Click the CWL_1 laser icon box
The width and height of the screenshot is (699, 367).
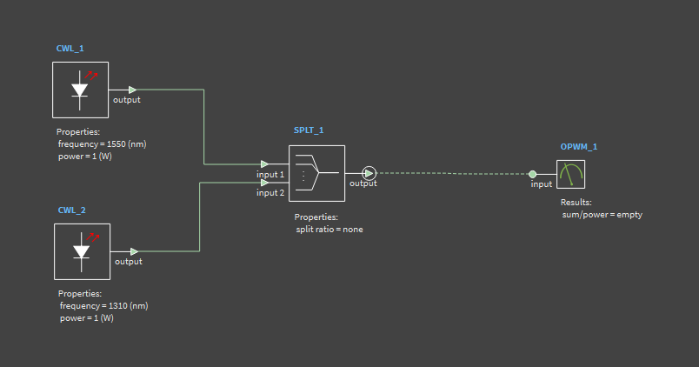pyautogui.click(x=80, y=90)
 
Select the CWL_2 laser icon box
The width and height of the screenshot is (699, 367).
pyautogui.click(x=82, y=251)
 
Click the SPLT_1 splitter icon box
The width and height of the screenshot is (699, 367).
pyautogui.click(x=316, y=173)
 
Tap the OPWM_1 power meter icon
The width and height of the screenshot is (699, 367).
pyautogui.click(x=571, y=174)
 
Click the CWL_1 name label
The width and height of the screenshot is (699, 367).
pyautogui.click(x=70, y=49)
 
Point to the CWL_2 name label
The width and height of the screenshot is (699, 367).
pyautogui.click(x=71, y=210)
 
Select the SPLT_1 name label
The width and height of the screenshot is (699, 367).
pyautogui.click(x=309, y=130)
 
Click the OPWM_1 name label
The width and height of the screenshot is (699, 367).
pyautogui.click(x=579, y=146)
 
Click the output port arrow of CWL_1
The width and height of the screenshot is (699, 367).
pyautogui.click(x=132, y=90)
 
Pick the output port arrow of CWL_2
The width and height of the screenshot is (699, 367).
pyautogui.click(x=134, y=251)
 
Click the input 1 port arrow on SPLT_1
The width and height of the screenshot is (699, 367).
pyautogui.click(x=264, y=163)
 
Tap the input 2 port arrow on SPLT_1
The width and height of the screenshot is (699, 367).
pyautogui.click(x=264, y=182)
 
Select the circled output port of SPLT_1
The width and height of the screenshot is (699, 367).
pyautogui.click(x=369, y=172)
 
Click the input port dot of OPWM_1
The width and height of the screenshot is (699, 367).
pyautogui.click(x=533, y=174)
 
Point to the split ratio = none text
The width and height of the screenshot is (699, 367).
pyautogui.click(x=330, y=229)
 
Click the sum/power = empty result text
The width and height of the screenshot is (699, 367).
pyautogui.click(x=602, y=214)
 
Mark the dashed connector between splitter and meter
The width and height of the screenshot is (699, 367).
pyautogui.click(x=452, y=173)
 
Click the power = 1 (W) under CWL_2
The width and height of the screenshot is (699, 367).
pyautogui.click(x=87, y=318)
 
